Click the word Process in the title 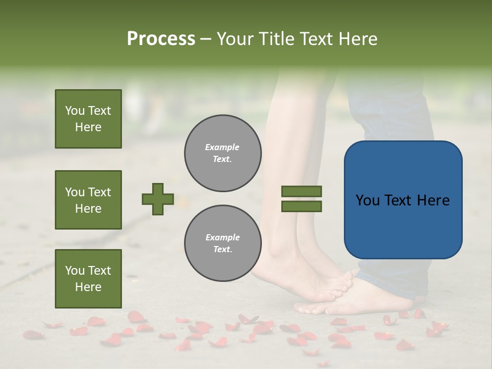point(161,39)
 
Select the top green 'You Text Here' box point(88,119)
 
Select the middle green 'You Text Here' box point(88,200)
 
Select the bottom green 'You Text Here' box point(88,278)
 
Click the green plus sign point(158,199)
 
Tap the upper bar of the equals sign point(301,191)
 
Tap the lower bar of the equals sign point(301,207)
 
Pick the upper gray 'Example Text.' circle point(222,153)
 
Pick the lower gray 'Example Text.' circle point(222,243)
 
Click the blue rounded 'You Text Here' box point(403,200)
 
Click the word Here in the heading point(358,39)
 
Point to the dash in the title point(206,39)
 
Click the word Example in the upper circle point(222,147)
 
